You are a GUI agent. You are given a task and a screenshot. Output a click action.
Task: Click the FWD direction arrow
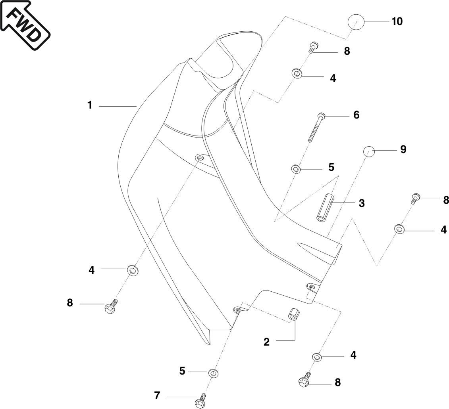click(x=25, y=24)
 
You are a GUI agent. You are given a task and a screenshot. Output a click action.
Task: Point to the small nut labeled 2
click(x=293, y=313)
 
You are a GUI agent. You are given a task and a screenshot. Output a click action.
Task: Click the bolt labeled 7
click(x=201, y=400)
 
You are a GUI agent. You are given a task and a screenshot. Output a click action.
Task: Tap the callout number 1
click(x=90, y=105)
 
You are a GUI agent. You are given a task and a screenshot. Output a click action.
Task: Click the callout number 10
click(x=397, y=21)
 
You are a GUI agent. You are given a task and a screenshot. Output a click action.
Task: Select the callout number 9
click(x=403, y=149)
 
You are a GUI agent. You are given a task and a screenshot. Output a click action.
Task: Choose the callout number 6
click(x=356, y=115)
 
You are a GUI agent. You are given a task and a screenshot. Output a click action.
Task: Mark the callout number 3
click(x=361, y=203)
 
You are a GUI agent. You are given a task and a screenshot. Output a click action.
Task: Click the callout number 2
click(x=267, y=342)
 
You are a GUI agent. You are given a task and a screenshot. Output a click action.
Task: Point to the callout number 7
click(x=157, y=396)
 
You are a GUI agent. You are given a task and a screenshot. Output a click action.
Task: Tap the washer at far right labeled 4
click(x=399, y=229)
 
